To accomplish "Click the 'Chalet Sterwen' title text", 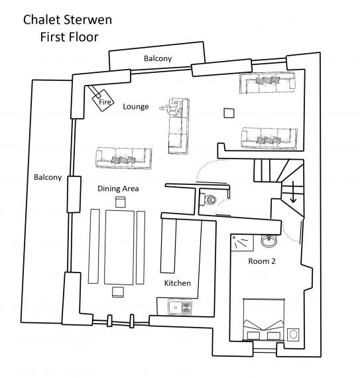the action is (68, 20).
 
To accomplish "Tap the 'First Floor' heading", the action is (70, 37).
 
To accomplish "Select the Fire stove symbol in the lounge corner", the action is (103, 101).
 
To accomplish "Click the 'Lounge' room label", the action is (136, 107).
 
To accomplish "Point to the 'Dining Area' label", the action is (118, 188).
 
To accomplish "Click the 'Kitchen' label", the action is (178, 283).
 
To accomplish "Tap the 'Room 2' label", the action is (262, 261).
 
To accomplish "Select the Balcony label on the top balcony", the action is (158, 58).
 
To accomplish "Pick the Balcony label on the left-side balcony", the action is (48, 177).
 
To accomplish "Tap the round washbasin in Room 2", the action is (269, 241).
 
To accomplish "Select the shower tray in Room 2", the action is (242, 243).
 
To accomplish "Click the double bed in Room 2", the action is (264, 320).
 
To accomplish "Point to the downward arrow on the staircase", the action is (293, 192).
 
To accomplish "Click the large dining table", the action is (119, 247).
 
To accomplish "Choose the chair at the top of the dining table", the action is (120, 202).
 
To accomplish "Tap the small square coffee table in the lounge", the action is (229, 113).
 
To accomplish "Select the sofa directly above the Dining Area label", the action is (124, 158).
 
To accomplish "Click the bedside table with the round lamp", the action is (293, 334).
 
